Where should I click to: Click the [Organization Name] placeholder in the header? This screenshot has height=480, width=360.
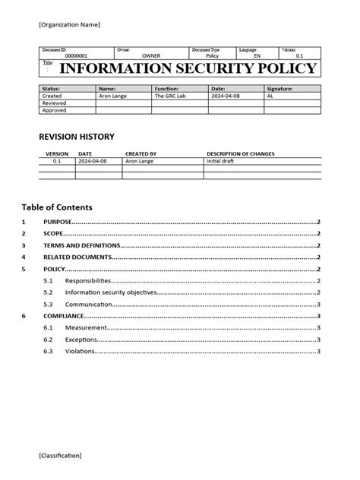69,25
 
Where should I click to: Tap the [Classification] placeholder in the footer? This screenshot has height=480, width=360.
61,455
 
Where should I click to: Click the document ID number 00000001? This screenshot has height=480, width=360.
76,55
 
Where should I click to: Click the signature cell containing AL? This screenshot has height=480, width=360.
270,96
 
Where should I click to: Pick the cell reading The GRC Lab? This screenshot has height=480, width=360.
169,96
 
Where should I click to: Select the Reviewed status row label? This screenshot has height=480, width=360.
54,103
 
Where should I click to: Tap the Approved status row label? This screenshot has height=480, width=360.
54,110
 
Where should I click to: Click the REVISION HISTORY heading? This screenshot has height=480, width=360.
76,137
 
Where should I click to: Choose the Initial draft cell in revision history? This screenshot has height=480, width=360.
221,161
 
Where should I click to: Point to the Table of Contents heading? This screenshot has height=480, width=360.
57,207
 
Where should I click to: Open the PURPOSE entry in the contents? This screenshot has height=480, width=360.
58,222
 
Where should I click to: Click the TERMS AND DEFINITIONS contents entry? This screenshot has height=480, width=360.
82,246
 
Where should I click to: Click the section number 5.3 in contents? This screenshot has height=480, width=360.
49,305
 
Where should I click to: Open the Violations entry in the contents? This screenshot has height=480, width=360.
80,352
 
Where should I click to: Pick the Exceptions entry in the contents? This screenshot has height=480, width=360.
82,339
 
